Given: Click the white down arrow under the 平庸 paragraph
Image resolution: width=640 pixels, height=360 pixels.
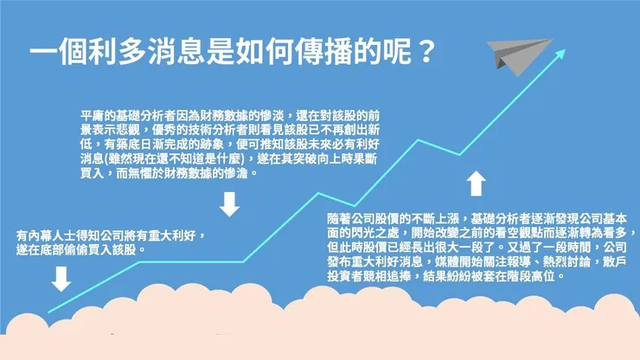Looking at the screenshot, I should click(229, 204).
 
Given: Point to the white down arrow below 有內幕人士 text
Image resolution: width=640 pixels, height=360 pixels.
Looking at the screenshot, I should click(61, 279).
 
